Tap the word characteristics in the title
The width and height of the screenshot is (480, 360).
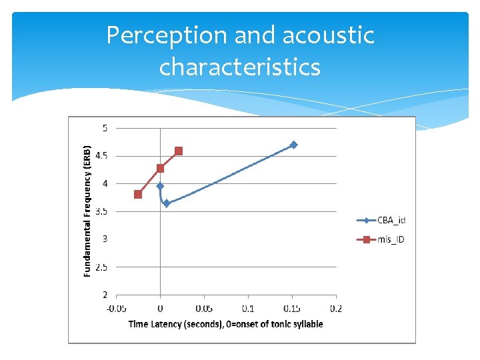[240, 67]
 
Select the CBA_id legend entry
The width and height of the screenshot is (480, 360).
[383, 221]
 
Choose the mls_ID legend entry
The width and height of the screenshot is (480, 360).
[383, 239]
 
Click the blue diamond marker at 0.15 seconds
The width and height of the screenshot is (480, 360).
[293, 145]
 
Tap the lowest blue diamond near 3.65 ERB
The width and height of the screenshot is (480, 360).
[166, 203]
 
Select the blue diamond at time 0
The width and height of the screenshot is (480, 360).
[160, 186]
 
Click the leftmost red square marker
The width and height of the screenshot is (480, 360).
[138, 195]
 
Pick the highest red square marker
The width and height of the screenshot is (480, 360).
[179, 151]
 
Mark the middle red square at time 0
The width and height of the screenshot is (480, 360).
[160, 168]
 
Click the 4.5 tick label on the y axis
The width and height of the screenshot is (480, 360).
[102, 156]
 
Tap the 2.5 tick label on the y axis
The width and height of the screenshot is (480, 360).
[102, 267]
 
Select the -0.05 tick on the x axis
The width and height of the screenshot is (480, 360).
[116, 308]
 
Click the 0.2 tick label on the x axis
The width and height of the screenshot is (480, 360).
[335, 308]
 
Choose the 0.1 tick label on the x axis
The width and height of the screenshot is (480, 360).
[248, 308]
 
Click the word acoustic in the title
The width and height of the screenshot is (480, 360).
[329, 36]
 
